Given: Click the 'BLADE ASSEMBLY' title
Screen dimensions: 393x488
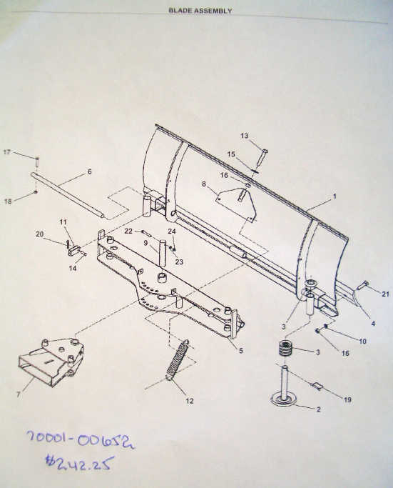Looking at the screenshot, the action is (x=200, y=11).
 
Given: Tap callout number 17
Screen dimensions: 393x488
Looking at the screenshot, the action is (x=7, y=152).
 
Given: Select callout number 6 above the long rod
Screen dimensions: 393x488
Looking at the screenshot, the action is (x=89, y=171).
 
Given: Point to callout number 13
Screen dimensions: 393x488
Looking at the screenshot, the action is (x=245, y=136).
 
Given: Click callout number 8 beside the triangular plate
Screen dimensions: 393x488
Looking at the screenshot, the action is (x=204, y=184).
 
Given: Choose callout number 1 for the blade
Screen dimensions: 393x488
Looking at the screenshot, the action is (x=335, y=196).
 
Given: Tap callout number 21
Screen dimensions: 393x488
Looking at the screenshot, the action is (x=385, y=294).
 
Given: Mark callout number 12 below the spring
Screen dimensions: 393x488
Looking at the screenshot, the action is (x=190, y=401).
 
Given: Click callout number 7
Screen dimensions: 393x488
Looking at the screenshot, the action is (x=19, y=394).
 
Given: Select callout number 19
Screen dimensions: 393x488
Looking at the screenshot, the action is (x=347, y=399).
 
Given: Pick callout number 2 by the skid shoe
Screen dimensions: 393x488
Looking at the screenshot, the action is (x=318, y=409).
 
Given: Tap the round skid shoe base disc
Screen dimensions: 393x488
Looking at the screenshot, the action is (x=285, y=400).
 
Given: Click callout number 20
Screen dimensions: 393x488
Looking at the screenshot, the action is (x=40, y=234).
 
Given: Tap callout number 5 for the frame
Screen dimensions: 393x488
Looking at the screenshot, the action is (x=241, y=350).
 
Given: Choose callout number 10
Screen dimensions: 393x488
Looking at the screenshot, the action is (x=362, y=341).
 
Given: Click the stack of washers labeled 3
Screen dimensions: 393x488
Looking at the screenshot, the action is (x=285, y=349).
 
